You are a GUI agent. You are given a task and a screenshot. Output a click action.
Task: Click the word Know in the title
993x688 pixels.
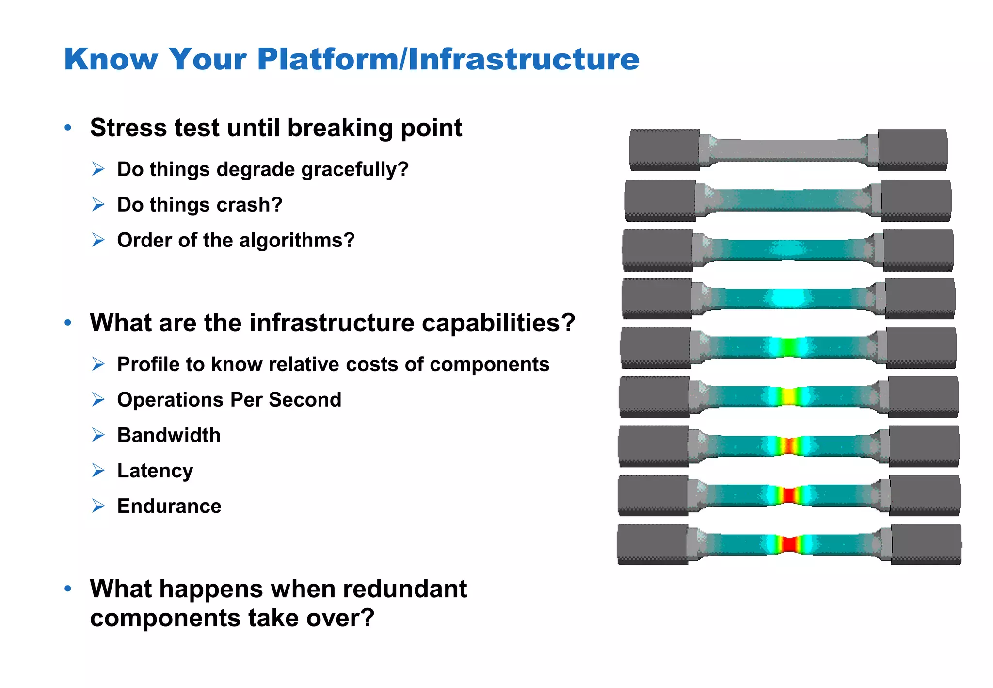click(x=111, y=59)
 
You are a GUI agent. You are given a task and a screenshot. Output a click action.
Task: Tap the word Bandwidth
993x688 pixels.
click(x=169, y=435)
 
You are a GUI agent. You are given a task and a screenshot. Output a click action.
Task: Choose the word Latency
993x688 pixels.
click(x=155, y=471)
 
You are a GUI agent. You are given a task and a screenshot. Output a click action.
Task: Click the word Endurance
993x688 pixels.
click(x=169, y=506)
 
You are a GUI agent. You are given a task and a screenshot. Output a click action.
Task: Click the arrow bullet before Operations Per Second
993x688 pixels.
click(x=98, y=400)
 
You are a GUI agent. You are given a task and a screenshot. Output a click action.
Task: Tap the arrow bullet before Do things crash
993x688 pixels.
click(x=98, y=205)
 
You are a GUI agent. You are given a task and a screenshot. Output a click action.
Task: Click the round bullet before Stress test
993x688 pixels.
click(x=68, y=128)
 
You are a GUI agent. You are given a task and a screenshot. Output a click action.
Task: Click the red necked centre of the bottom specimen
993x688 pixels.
click(x=790, y=544)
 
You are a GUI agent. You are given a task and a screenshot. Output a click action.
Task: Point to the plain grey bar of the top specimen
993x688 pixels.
click(x=789, y=150)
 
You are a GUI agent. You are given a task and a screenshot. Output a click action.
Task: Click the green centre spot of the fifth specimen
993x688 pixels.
click(x=789, y=347)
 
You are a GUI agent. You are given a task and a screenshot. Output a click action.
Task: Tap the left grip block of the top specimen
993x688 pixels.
click(x=664, y=149)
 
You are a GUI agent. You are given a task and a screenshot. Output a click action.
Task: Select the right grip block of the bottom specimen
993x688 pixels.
click(x=926, y=544)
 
